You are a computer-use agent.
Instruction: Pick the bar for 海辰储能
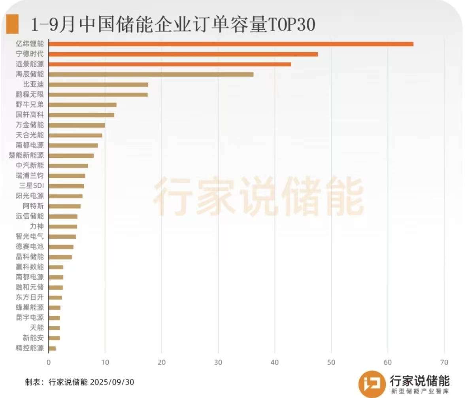(x=151, y=74)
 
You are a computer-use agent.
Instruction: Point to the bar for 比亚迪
(x=98, y=85)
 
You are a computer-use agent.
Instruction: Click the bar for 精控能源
(x=52, y=348)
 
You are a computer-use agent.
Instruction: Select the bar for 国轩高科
(x=81, y=115)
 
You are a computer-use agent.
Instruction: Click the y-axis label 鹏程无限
(x=30, y=94)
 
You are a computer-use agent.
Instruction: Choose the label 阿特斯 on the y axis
(x=33, y=206)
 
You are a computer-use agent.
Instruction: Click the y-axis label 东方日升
(x=30, y=297)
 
